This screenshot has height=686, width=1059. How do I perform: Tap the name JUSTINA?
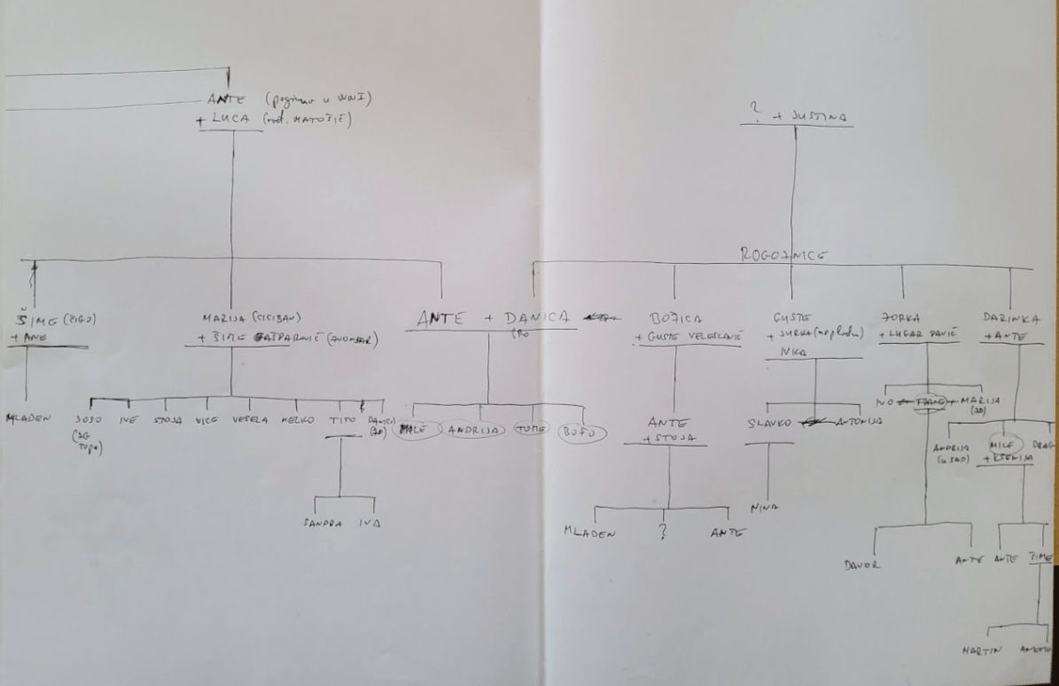824,116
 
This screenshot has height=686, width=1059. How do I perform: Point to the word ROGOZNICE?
783,254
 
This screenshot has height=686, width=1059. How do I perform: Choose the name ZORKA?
902,317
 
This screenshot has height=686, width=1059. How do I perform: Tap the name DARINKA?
1011,317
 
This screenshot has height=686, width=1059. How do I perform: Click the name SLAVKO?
768,423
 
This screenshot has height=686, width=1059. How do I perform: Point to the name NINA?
763,509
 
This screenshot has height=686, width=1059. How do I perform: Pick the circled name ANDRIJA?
475,431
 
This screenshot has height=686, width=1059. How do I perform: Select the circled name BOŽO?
581,433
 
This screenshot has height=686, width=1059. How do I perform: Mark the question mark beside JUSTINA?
755,110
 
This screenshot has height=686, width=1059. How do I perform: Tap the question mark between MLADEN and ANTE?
661,534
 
